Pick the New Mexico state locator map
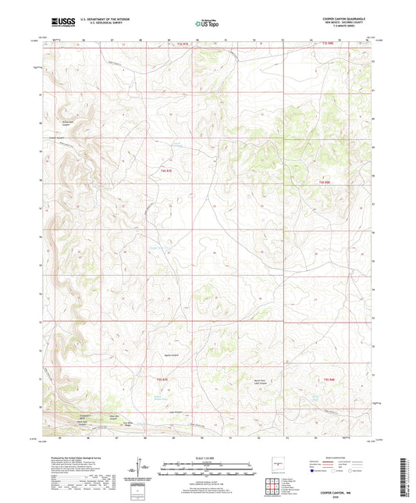(276, 465)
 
